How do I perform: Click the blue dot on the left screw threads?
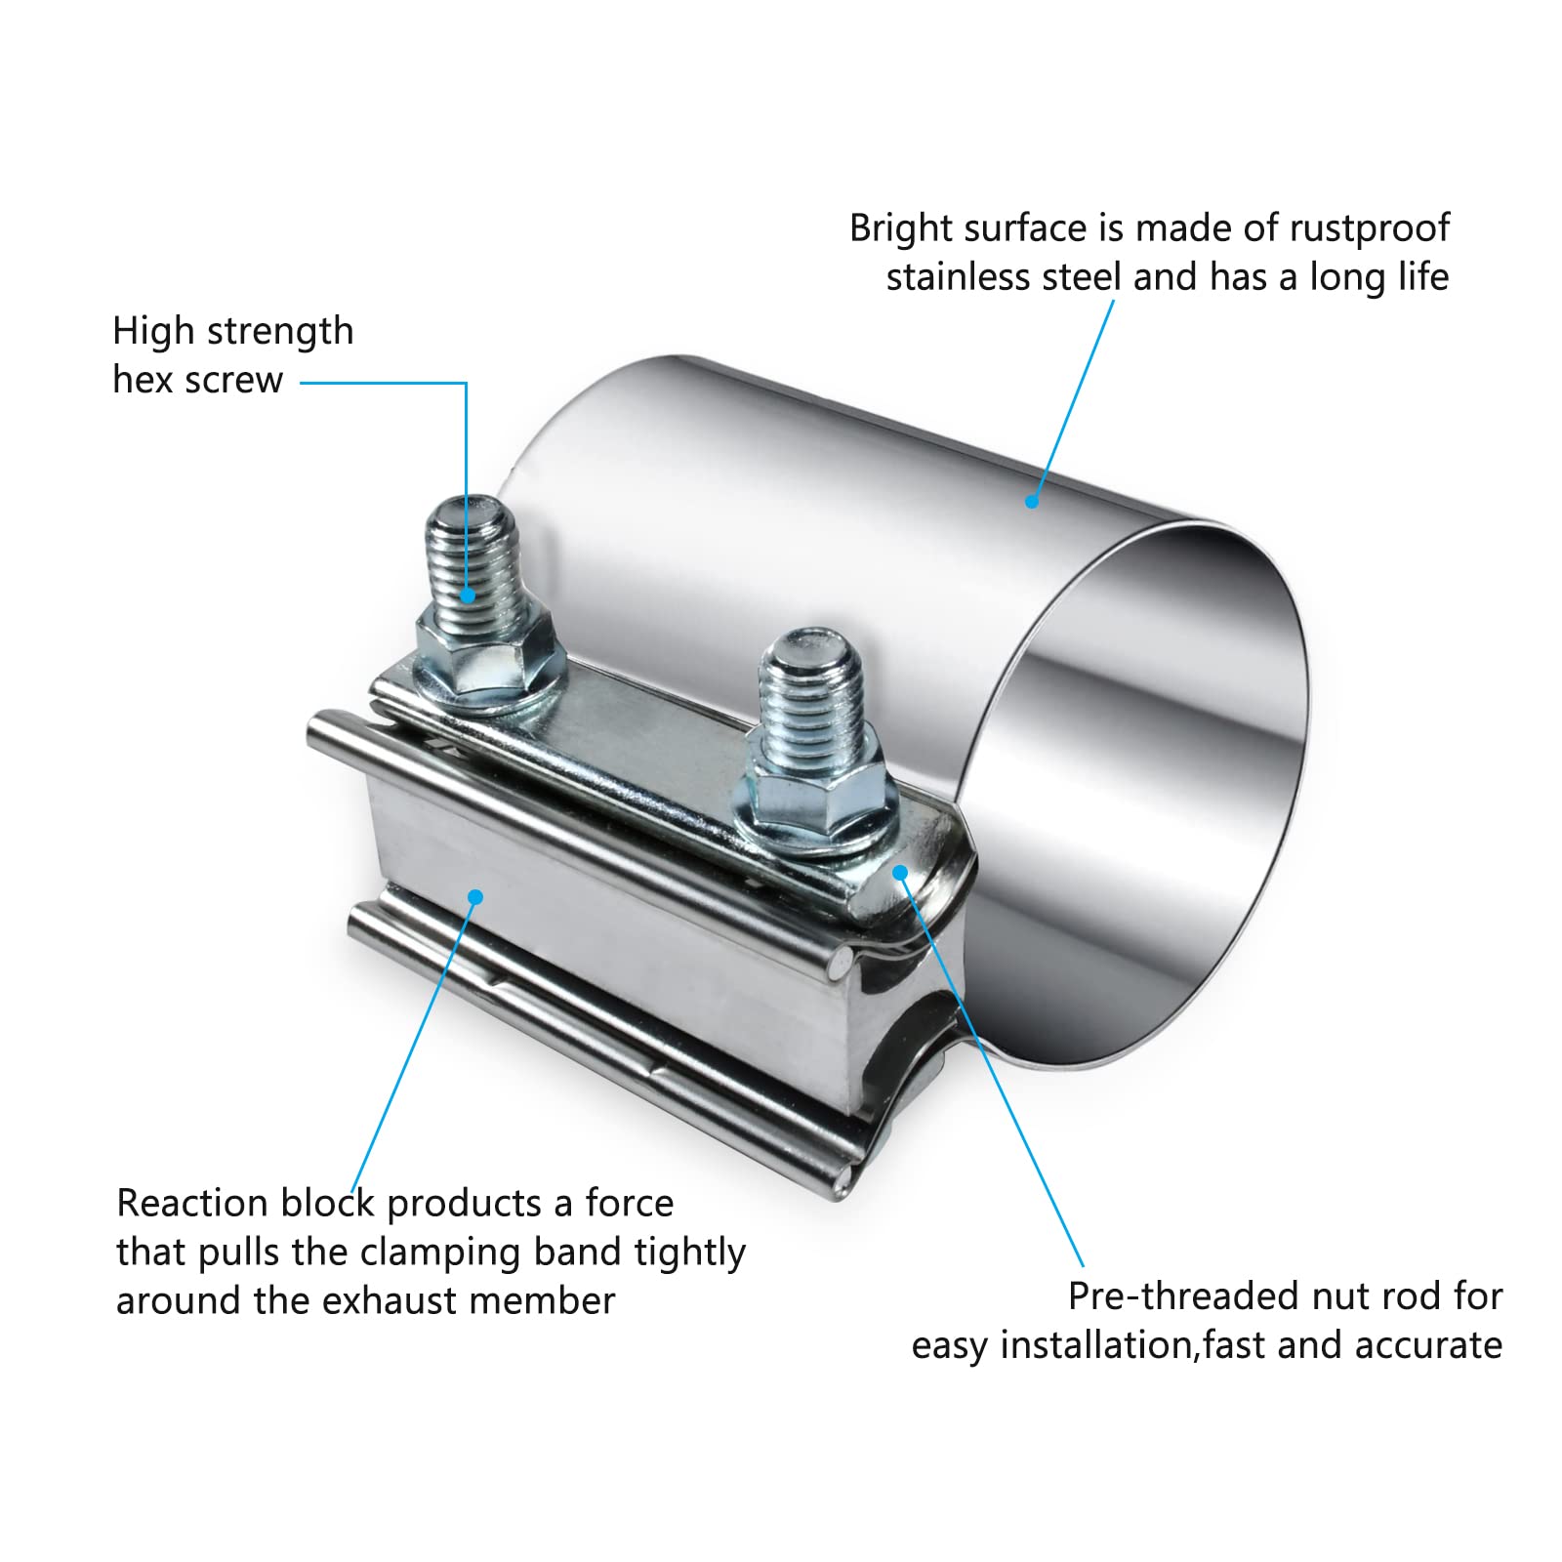point(470,593)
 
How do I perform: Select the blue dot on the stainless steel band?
point(1031,502)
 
